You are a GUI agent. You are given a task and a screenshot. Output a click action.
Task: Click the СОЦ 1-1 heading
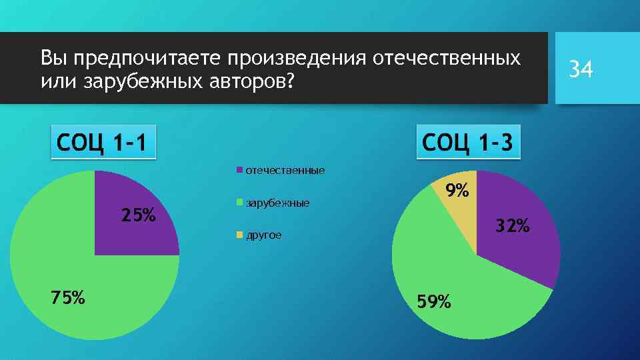click(103, 142)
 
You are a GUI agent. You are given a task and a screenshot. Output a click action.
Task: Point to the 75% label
click(67, 298)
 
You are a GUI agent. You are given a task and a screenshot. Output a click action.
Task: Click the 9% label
click(458, 191)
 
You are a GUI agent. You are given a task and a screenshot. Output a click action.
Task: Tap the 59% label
click(433, 302)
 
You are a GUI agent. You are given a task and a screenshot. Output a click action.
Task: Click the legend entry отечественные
click(285, 171)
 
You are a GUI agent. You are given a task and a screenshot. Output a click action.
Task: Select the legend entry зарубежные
click(277, 202)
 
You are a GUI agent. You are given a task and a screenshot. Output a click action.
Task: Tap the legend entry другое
click(263, 235)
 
